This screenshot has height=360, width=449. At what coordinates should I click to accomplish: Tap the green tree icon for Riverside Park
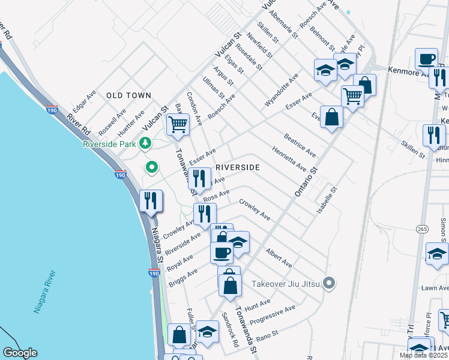144,143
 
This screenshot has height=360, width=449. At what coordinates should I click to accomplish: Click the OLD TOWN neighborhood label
128,95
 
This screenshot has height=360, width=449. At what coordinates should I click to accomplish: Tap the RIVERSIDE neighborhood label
237,167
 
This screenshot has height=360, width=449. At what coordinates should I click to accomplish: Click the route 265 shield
420,229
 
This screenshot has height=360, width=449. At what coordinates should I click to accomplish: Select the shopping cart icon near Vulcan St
178,124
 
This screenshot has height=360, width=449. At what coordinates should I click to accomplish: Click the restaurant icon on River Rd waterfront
150,200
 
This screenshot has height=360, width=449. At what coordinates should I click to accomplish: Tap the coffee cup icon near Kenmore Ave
427,59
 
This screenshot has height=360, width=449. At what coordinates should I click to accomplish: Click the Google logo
20,353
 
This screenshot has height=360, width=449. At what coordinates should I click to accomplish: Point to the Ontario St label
304,184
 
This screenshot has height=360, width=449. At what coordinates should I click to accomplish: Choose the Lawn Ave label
435,288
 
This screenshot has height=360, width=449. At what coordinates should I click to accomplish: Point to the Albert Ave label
279,259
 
